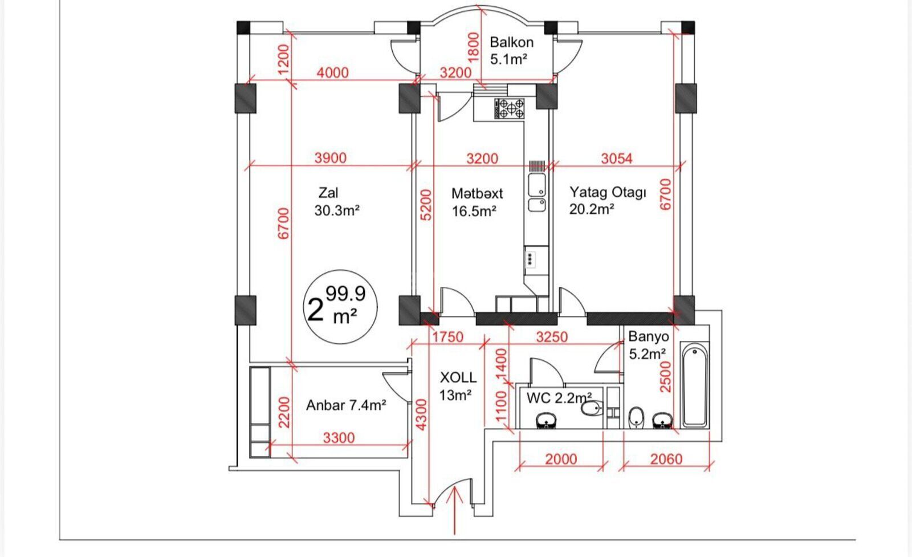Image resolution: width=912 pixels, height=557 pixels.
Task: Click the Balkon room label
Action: coord(511,51)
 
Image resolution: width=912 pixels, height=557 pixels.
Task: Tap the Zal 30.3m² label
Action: coord(337,202)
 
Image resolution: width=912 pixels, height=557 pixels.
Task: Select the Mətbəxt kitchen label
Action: coord(477,202)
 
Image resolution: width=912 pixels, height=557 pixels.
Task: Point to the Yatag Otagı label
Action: coord(608,200)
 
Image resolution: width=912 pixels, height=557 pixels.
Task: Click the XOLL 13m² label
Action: coord(458,386)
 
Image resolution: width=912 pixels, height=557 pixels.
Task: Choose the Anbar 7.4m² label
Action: coord(346,405)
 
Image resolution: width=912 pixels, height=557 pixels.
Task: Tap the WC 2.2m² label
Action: coord(559,398)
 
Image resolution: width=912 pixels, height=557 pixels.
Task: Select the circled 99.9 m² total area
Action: coord(340,307)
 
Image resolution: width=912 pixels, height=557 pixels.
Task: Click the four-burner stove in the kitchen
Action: coord(510,108)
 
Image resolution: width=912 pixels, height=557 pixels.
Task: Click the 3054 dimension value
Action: coord(617,158)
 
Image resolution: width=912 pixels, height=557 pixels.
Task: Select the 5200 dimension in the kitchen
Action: coord(425,205)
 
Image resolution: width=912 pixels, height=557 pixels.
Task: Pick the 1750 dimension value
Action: coord(448,337)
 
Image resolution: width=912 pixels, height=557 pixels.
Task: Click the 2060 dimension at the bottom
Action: coord(666,460)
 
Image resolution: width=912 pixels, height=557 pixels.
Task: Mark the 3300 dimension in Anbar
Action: coord(339,438)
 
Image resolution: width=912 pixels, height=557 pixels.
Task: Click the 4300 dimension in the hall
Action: coord(421,414)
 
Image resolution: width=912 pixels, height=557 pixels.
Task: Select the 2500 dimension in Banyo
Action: coord(665,377)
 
